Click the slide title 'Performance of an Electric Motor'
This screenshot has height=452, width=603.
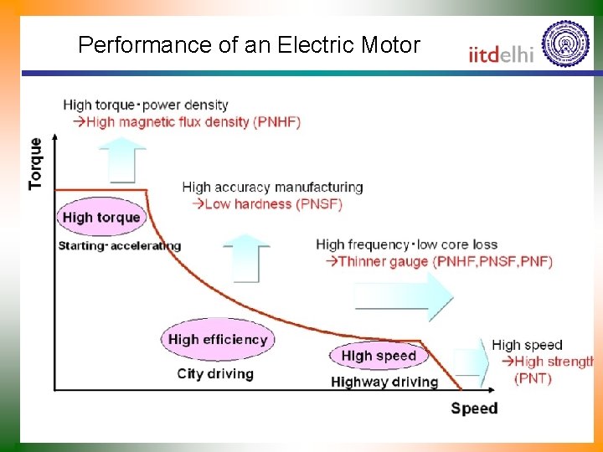(249, 44)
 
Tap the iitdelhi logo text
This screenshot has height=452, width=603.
(502, 54)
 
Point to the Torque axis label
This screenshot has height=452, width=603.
(35, 163)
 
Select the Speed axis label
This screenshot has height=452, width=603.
(474, 408)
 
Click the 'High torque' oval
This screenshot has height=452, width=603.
(101, 218)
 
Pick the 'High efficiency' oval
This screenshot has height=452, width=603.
(217, 339)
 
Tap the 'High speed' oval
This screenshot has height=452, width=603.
(379, 356)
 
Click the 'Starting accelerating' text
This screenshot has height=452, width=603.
(119, 245)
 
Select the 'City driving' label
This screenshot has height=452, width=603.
(215, 373)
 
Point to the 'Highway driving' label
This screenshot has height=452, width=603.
(384, 382)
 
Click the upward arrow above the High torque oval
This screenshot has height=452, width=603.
(121, 159)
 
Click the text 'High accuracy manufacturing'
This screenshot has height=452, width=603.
(272, 187)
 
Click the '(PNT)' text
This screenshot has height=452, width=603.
(533, 378)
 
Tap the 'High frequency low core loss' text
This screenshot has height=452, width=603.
(406, 244)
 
